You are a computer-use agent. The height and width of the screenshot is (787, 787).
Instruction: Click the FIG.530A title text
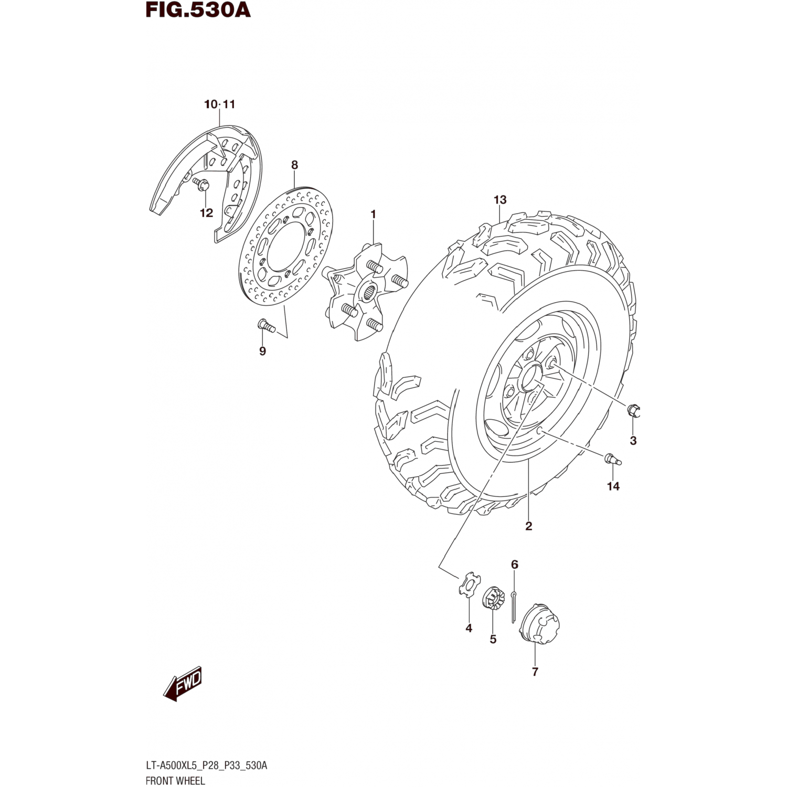pos(198,10)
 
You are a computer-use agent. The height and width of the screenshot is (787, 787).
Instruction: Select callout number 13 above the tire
pos(500,200)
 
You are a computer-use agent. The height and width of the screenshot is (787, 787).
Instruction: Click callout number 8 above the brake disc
pos(294,165)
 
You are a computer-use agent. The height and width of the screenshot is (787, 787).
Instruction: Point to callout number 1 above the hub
pos(373,214)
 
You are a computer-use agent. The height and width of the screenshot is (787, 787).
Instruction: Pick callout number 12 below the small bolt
pos(206,213)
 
